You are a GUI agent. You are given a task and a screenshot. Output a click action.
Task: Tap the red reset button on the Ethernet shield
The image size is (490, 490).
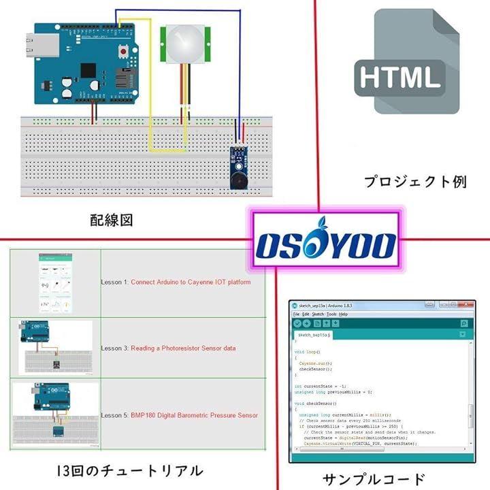[x=123, y=50]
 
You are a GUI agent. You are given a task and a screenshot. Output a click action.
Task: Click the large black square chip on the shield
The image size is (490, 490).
[x=88, y=71]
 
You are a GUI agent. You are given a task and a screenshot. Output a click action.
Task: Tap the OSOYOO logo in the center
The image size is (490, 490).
[x=326, y=245]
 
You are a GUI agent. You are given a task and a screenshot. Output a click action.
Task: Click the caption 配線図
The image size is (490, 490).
[x=111, y=220]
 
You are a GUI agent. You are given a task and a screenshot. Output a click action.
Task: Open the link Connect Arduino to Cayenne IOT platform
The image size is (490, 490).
[x=191, y=282]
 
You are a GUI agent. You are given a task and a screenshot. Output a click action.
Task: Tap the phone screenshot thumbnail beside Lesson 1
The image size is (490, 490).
[x=55, y=282]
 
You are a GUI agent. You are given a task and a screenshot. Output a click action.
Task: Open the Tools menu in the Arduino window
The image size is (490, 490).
[x=331, y=314]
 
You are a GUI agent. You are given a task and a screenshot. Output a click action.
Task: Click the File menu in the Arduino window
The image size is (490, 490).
[x=297, y=314]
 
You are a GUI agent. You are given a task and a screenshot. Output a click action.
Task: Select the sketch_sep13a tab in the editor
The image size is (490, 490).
[x=312, y=336]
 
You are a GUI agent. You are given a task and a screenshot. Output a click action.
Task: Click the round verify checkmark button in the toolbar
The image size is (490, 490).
[x=297, y=324]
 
